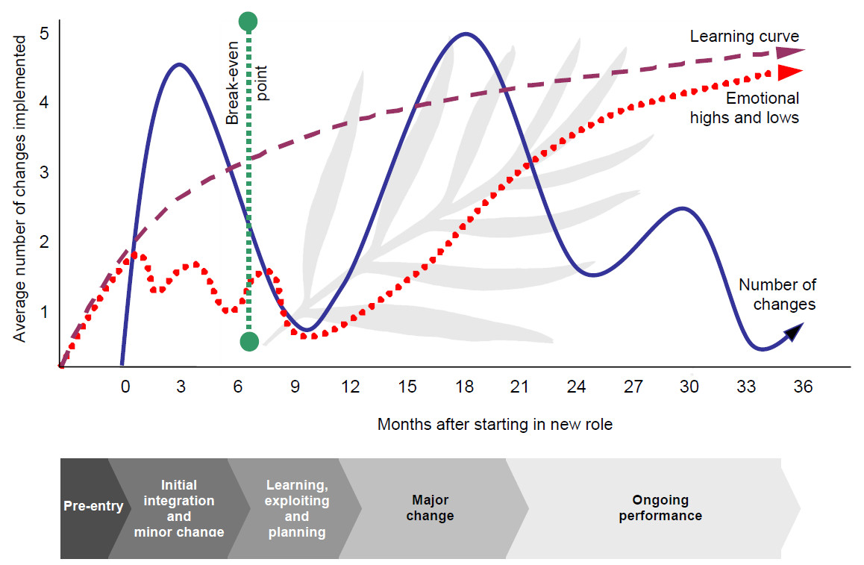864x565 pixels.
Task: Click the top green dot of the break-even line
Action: [249, 22]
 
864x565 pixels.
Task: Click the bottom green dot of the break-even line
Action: [249, 341]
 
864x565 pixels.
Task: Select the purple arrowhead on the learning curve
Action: [789, 51]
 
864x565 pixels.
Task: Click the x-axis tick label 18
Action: [464, 387]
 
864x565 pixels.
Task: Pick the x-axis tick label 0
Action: [125, 387]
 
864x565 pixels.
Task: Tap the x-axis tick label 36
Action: [803, 387]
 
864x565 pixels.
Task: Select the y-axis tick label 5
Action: [45, 34]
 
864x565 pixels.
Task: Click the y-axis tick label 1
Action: [45, 311]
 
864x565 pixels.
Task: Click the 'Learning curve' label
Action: [744, 37]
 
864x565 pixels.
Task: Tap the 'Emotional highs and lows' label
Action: [744, 107]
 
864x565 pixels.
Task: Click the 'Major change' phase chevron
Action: [431, 508]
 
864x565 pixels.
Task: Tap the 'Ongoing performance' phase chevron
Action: [660, 508]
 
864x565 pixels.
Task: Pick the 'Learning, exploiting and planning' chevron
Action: [296, 508]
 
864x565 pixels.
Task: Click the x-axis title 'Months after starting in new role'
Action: [494, 424]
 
